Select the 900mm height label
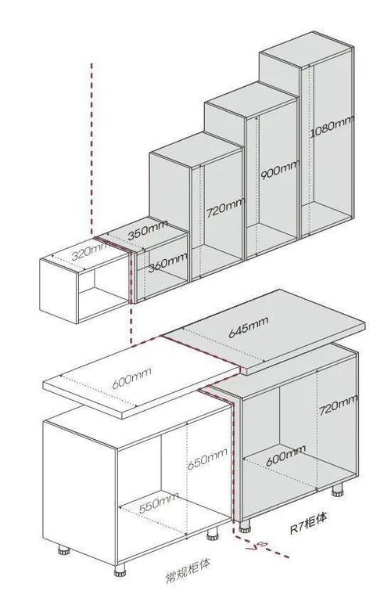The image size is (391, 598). (x=280, y=170)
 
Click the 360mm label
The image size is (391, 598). (x=168, y=261)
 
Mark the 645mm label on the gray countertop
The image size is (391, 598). (x=249, y=327)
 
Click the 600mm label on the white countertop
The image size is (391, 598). (x=132, y=377)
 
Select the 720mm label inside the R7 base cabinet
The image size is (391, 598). (x=338, y=405)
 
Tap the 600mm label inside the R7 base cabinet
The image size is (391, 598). (x=285, y=455)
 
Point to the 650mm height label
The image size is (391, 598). (x=207, y=459)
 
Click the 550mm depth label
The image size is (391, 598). (x=159, y=503)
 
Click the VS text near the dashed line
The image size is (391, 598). (x=256, y=546)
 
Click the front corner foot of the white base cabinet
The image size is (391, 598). (x=120, y=570)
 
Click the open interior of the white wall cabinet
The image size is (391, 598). (x=103, y=290)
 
